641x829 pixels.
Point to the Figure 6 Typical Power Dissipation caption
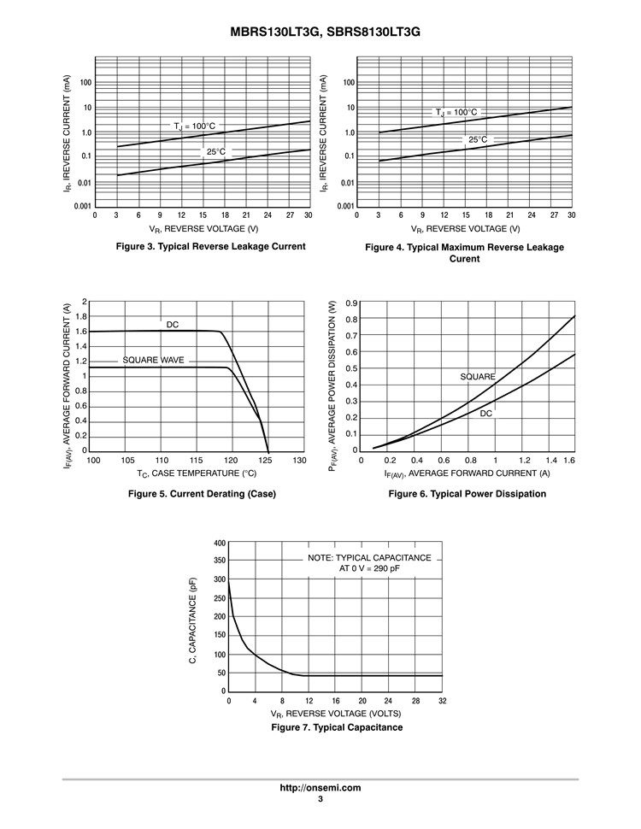coord(467,494)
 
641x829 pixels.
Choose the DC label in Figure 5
coord(173,324)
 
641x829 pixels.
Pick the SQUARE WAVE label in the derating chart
coord(153,360)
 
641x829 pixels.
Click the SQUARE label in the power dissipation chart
coord(478,377)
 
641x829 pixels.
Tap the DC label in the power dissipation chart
coord(486,413)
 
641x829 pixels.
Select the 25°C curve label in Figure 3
coord(216,152)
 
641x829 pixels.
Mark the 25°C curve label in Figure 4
coord(478,139)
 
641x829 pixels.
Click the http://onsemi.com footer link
coord(320,787)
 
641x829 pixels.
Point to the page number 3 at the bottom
coord(320,799)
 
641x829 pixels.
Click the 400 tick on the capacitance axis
coord(220,544)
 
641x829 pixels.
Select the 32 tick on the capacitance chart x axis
coord(442,701)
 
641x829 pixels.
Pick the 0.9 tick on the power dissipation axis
coord(351,303)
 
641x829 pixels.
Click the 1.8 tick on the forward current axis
coord(82,317)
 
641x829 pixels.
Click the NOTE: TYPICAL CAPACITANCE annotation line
coord(369,557)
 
